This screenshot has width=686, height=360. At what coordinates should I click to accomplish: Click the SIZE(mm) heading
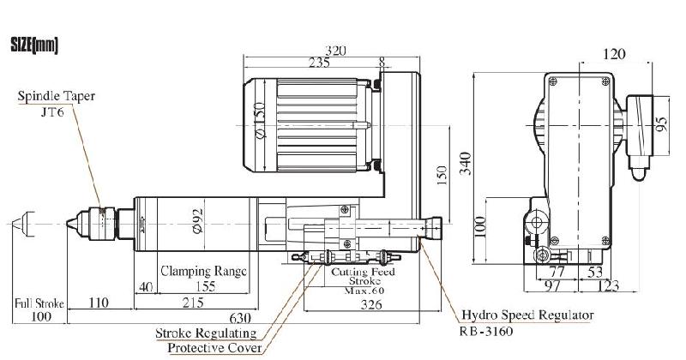(x=33, y=45)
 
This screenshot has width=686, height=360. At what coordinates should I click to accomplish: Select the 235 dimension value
(x=319, y=62)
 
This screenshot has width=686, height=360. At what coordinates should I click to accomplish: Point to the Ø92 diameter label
(x=197, y=221)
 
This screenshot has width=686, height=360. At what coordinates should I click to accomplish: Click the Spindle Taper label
(x=57, y=97)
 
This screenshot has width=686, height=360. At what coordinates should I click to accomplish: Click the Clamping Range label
(x=202, y=270)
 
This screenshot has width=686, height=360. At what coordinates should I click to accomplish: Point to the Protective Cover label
(x=214, y=347)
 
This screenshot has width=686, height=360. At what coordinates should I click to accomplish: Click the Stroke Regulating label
(x=206, y=333)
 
